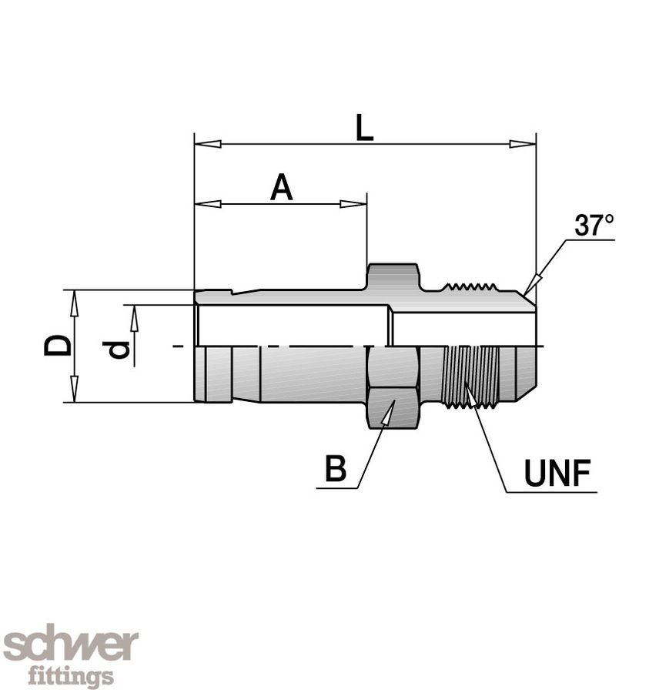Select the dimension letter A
282,188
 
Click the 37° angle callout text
594,226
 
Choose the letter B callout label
335,468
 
